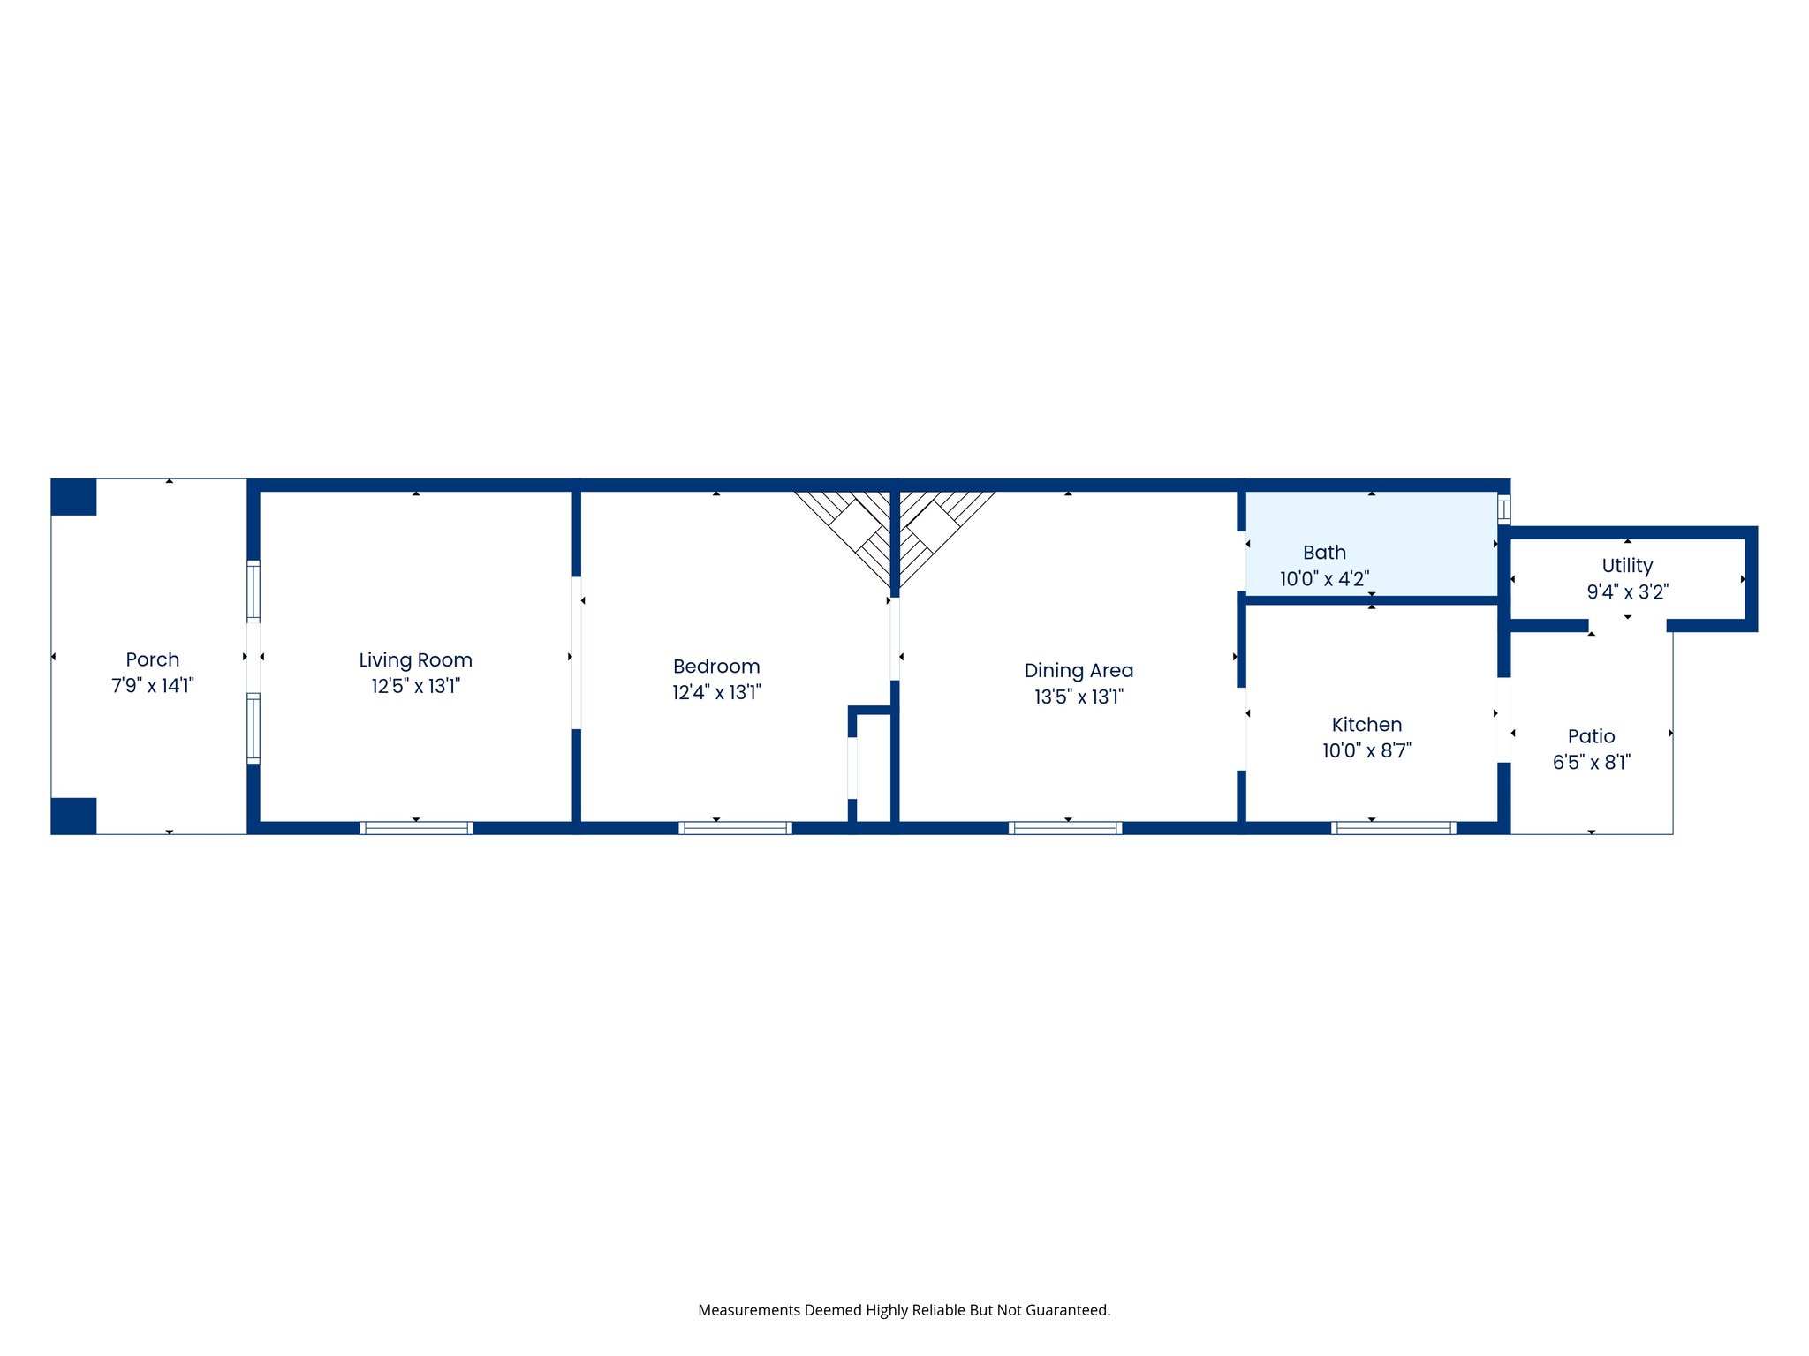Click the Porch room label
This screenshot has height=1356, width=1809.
[x=152, y=659]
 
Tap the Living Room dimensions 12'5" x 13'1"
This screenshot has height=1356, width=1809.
[x=415, y=686]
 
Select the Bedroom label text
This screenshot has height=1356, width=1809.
[x=716, y=667]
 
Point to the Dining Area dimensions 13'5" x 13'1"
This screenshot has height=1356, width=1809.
[x=1079, y=697]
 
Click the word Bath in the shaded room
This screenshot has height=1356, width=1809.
[x=1324, y=553]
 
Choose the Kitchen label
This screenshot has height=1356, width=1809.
[x=1366, y=725]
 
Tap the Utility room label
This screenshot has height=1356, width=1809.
[x=1627, y=566]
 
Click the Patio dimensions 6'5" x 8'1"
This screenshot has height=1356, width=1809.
[x=1591, y=762]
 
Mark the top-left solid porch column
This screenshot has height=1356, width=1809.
[x=73, y=497]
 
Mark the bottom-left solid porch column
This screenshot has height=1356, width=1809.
[x=73, y=816]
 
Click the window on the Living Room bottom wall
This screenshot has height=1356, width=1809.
[x=416, y=828]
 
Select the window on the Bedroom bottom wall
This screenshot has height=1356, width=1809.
[x=735, y=828]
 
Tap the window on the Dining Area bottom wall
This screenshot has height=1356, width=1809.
[x=1065, y=828]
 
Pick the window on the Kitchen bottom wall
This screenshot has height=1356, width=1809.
[x=1393, y=828]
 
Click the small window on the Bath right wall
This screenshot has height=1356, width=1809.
[x=1503, y=510]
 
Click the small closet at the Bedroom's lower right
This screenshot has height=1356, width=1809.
[x=873, y=768]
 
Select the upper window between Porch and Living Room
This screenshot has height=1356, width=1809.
[x=254, y=591]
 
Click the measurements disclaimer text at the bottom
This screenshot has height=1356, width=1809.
[x=904, y=1310]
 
